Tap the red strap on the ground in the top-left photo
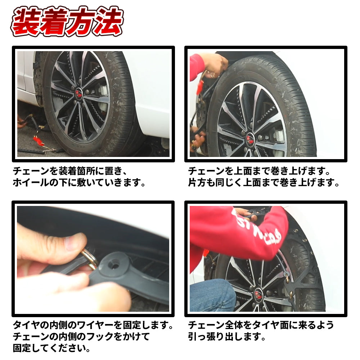click(x=38, y=140)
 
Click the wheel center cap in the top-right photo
click(x=251, y=139)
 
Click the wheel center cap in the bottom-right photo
click(x=258, y=294)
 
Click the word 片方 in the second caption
click(x=197, y=183)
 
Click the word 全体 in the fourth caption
click(x=234, y=325)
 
